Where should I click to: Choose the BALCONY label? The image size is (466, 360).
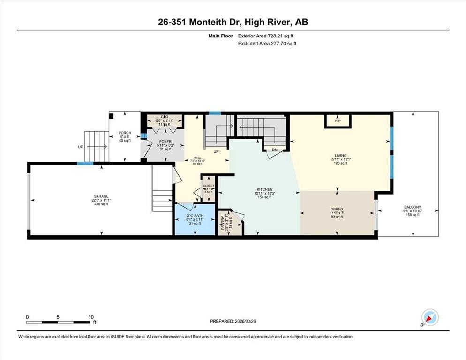[x=413, y=207]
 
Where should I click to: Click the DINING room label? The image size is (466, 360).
[x=337, y=209]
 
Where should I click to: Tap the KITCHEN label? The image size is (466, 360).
[x=264, y=189]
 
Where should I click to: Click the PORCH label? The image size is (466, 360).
[x=125, y=133]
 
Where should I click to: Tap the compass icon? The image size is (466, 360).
[x=429, y=317]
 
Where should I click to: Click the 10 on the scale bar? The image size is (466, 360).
[x=91, y=316]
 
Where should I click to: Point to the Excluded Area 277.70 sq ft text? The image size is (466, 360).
[x=267, y=43]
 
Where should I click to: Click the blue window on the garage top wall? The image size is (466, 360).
[x=85, y=163]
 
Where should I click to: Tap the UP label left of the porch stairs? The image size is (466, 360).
[x=81, y=147]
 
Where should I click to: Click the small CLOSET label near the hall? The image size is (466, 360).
[x=208, y=186]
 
